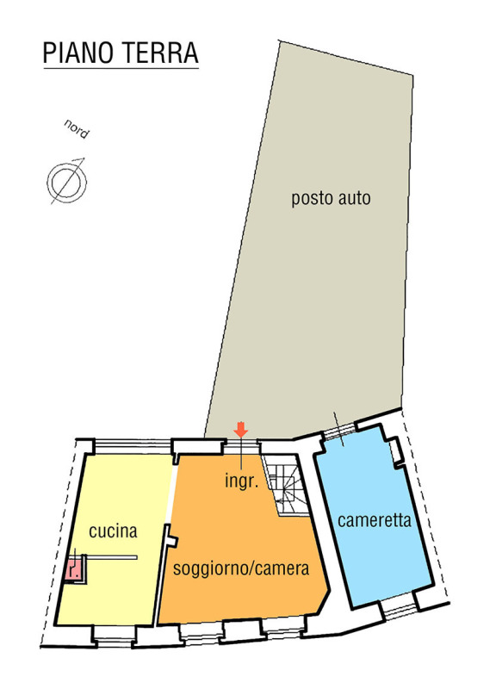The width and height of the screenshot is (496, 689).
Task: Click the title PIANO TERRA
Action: click(121, 53)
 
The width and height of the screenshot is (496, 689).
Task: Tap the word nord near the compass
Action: click(77, 128)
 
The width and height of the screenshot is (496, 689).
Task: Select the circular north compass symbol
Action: click(67, 182)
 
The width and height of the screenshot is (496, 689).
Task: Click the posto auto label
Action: click(331, 198)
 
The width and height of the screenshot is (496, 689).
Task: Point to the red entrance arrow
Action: click(241, 429)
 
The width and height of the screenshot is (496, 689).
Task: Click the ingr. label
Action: click(241, 481)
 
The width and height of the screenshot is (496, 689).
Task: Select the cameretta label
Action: click(375, 520)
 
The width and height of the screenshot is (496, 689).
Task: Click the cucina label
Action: click(113, 531)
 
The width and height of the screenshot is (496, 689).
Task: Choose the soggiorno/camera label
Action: click(241, 568)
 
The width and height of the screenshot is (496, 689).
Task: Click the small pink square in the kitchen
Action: click(73, 570)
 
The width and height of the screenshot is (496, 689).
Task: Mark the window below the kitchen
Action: click(115, 636)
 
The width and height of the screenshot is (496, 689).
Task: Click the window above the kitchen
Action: click(133, 445)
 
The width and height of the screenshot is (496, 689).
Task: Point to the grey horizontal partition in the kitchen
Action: click(112, 557)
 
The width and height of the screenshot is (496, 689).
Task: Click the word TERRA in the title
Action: click(159, 53)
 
